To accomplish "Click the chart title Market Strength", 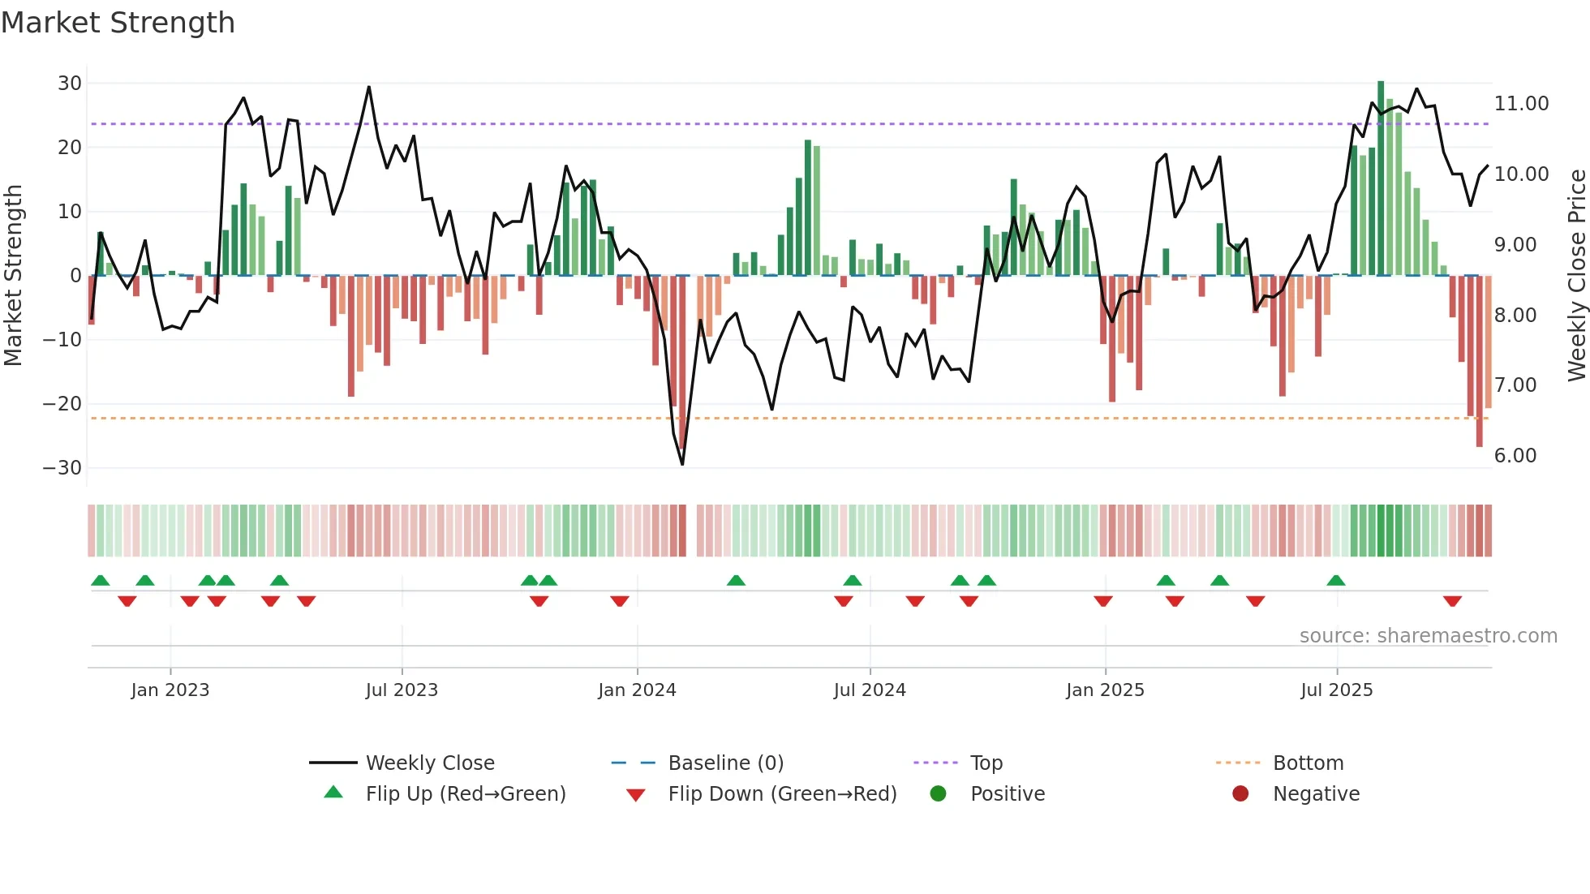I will [x=118, y=23].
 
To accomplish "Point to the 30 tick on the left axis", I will [x=70, y=84].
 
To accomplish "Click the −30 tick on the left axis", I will [x=62, y=468].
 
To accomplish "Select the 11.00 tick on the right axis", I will [x=1521, y=104].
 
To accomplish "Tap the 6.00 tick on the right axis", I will [x=1515, y=456].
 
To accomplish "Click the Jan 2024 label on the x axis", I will [x=637, y=690].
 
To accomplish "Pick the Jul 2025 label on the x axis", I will [x=1336, y=690].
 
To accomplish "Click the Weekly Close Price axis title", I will [x=1576, y=274].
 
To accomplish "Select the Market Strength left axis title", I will [x=14, y=274].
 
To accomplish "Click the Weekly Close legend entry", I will [x=429, y=763].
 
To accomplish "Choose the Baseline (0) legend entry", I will [x=725, y=763].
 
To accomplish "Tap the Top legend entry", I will [x=986, y=763].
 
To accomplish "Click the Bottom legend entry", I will [x=1308, y=763].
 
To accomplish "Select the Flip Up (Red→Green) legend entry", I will [x=465, y=794].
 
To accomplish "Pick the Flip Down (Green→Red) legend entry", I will [x=782, y=794].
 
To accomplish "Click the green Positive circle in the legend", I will [x=939, y=793].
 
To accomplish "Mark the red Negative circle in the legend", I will [x=1240, y=793].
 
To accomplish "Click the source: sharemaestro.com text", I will [x=1428, y=636].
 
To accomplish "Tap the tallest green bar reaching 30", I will [x=1381, y=178].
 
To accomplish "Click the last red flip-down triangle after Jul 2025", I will [x=1452, y=601].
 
